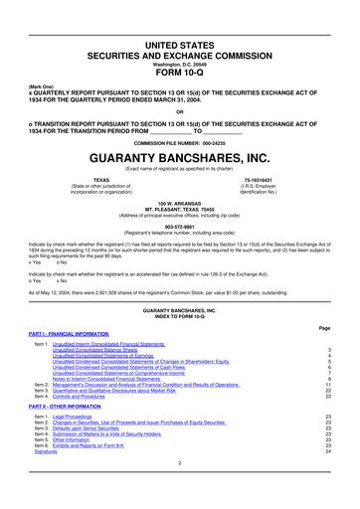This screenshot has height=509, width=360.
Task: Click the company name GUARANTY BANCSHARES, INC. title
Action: coord(180,158)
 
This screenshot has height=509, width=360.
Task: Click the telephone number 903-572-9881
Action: coord(180,225)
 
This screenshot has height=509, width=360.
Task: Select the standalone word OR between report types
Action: coord(180,110)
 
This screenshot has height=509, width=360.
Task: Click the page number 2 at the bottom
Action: coord(180,490)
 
